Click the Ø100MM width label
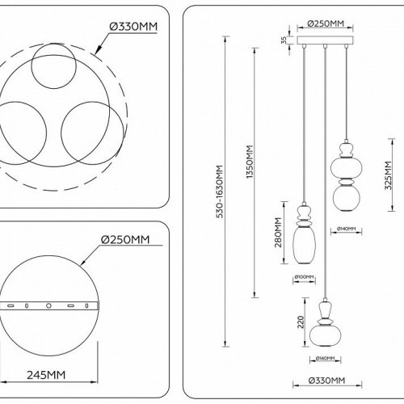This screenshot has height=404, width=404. point(305,279)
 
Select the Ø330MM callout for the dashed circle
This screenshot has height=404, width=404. point(130,24)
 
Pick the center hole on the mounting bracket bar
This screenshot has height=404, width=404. point(48,306)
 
